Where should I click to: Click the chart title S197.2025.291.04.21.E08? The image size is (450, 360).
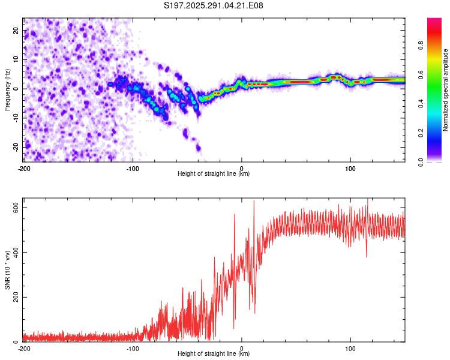[214, 5]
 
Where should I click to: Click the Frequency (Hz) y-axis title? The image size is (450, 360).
[7, 89]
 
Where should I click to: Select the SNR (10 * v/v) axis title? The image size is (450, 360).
[7, 272]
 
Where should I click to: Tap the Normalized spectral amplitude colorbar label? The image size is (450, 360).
[446, 90]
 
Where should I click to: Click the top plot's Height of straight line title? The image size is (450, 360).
[214, 173]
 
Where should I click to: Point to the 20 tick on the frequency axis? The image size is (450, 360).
[17, 30]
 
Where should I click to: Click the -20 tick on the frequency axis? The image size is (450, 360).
[16, 147]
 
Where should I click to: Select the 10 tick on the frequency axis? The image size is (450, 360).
[17, 59]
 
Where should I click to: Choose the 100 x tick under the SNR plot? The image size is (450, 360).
[350, 349]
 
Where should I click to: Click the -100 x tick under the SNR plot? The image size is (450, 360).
[133, 349]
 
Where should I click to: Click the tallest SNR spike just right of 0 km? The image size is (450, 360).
[254, 202]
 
